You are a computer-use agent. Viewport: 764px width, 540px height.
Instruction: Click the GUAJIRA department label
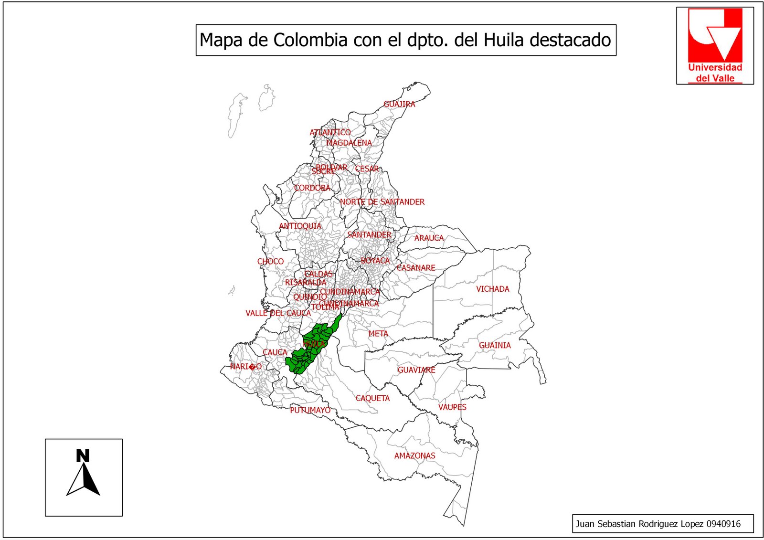(x=399, y=104)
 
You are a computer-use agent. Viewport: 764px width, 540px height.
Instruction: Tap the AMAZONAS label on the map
(x=414, y=456)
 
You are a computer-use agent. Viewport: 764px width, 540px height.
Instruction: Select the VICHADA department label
(x=492, y=289)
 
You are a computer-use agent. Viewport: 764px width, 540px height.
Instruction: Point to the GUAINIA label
(x=495, y=345)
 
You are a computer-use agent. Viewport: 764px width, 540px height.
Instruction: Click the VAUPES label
(x=452, y=407)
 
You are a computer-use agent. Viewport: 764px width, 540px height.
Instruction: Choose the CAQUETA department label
(x=372, y=398)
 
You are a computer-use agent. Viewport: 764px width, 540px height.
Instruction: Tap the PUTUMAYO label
(x=310, y=410)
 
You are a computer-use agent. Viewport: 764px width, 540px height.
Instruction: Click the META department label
(x=378, y=334)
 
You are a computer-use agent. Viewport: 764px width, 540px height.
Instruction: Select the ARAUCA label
(x=429, y=238)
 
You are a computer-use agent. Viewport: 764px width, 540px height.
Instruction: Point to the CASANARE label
(x=416, y=268)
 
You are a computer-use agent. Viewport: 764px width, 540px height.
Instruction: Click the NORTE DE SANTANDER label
(x=382, y=202)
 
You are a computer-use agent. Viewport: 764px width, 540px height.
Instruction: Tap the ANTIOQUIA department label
(x=300, y=226)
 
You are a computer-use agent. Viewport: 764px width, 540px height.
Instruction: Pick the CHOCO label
(x=270, y=262)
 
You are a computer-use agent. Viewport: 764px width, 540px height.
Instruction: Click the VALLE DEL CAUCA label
(x=278, y=313)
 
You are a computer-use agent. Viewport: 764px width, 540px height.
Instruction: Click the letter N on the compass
(x=83, y=456)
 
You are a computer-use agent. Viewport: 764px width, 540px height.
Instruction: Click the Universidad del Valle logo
(x=715, y=46)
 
